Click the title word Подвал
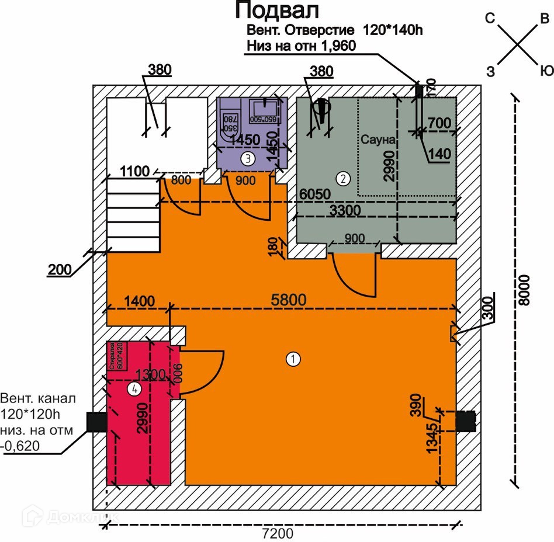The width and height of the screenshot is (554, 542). [x=277, y=11]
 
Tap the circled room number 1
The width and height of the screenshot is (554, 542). [x=293, y=359]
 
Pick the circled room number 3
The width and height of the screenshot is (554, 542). [x=248, y=158]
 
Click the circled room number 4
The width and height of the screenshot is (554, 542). [x=135, y=390]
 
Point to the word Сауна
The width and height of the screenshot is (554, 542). [x=379, y=140]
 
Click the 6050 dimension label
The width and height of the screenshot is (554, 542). [x=316, y=194]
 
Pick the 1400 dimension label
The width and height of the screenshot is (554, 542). [x=138, y=301]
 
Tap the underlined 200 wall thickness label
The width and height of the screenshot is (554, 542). [x=60, y=270]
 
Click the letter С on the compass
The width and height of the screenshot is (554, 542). [x=491, y=19]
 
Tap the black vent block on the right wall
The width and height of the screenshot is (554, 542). [x=466, y=421]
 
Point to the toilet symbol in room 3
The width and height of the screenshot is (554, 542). [x=230, y=120]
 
